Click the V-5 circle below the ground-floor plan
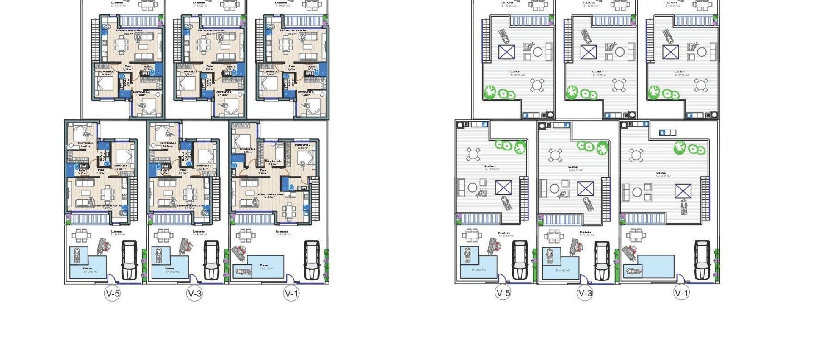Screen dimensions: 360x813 tap(113, 294)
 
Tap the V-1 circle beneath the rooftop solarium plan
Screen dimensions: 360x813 tap(681, 293)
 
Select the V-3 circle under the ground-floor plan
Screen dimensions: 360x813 tap(195, 294)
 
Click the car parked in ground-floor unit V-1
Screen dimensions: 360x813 tap(312, 260)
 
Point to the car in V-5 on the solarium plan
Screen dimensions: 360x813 tap(520, 260)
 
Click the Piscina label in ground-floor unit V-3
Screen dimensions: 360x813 tap(169, 269)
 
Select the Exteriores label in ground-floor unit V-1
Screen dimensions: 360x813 tap(282, 232)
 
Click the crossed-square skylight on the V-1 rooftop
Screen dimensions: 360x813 tap(683, 191)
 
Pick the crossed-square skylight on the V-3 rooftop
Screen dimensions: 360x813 tap(586, 188)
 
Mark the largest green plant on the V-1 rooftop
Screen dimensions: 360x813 tap(680, 148)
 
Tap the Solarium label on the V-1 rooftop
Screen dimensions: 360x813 tap(661, 173)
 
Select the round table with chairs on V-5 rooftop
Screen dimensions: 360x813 tap(473, 154)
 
